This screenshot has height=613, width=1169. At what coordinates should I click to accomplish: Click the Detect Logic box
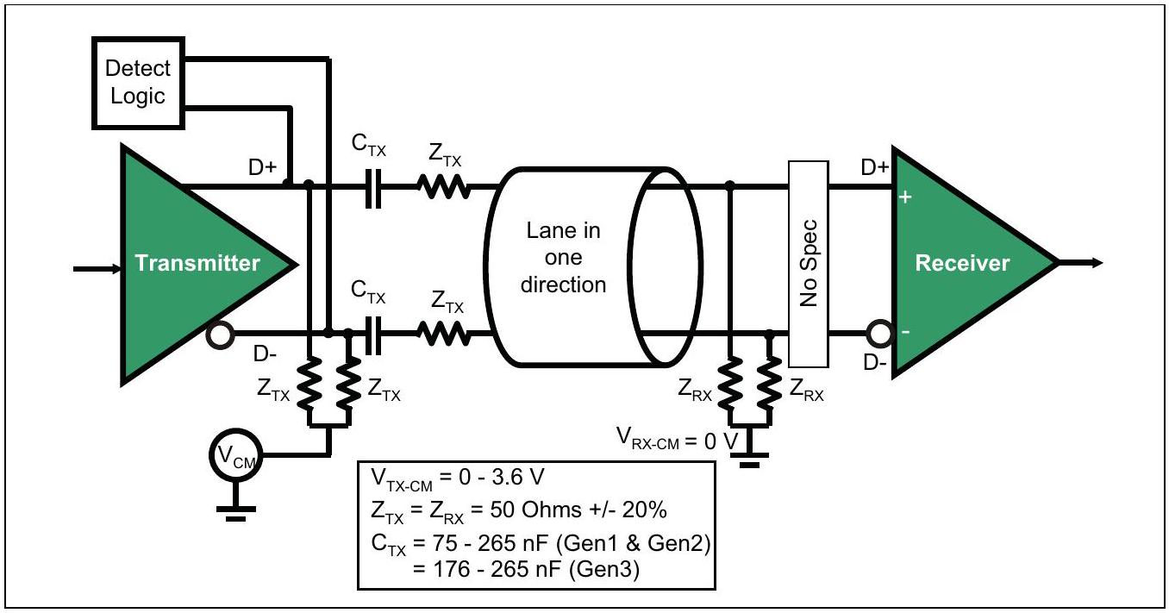coord(138,83)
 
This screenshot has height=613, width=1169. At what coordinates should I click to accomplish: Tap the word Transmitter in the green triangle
coord(197,263)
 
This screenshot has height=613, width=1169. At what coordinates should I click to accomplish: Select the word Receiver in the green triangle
coord(962,263)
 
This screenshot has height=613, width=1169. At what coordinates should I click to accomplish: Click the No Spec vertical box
coord(808,264)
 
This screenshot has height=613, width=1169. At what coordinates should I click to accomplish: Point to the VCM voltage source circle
coord(235,455)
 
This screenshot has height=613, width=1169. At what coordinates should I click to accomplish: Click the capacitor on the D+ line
coord(373,188)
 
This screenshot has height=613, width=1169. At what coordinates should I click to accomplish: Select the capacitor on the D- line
coord(373,335)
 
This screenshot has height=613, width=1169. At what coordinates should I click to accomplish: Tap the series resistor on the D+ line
coord(444,187)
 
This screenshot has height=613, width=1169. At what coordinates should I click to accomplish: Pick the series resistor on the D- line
coord(444,334)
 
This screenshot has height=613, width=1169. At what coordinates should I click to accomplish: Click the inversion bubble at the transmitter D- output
coord(220,335)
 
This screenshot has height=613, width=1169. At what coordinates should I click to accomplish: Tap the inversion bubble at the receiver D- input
coord(880,334)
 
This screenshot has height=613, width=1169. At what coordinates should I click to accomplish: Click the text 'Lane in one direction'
coord(564,258)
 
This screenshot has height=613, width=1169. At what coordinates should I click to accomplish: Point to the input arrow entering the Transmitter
coord(97,269)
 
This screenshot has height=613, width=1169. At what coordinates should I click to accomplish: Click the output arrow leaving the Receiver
coord(1081,263)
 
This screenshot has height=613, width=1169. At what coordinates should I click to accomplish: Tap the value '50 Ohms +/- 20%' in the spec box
coord(578,510)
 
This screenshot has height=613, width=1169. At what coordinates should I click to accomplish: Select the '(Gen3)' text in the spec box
coord(603,569)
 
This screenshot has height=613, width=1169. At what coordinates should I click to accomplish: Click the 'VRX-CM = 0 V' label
coord(678,439)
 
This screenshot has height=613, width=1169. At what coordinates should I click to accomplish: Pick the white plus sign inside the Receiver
coord(905,197)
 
